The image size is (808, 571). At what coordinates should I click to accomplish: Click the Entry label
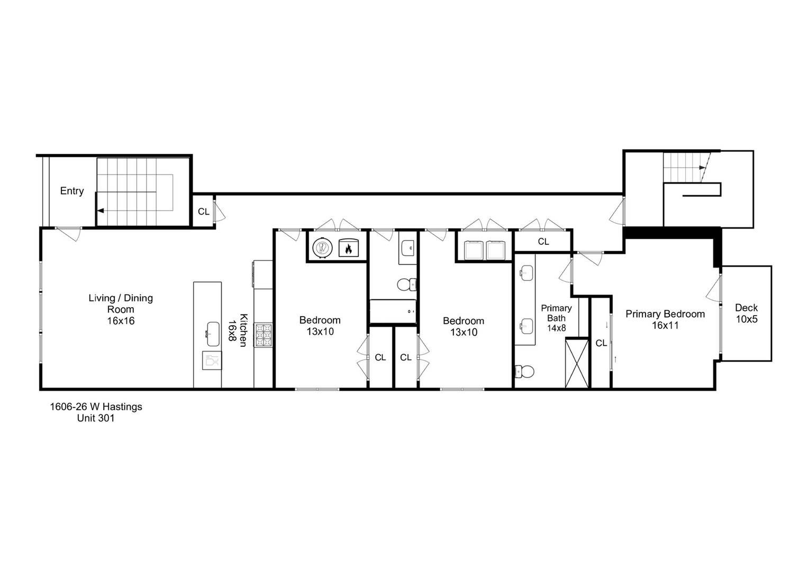[71, 191]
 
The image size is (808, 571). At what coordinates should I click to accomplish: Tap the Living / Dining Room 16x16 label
[121, 309]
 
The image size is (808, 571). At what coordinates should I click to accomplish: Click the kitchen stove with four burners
[264, 335]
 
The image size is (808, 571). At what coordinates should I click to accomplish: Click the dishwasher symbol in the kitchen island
[212, 361]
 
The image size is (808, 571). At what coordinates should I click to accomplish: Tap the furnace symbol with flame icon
[348, 248]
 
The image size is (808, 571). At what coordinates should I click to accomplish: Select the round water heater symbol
[322, 248]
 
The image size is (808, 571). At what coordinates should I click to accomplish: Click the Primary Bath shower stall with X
[577, 364]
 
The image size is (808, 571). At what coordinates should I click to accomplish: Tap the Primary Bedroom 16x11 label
[665, 319]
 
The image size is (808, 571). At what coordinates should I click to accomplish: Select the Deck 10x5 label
[746, 313]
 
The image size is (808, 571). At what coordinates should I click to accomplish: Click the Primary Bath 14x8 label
[556, 318]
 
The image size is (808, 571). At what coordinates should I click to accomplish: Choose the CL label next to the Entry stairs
[203, 211]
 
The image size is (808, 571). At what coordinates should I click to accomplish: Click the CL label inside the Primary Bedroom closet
[601, 343]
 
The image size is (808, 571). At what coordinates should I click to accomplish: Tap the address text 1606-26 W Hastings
[96, 407]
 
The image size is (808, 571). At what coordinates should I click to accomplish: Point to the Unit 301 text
[96, 418]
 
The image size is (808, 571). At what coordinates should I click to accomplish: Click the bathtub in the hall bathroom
[393, 311]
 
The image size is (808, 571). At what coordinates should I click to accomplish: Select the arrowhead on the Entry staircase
[100, 210]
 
